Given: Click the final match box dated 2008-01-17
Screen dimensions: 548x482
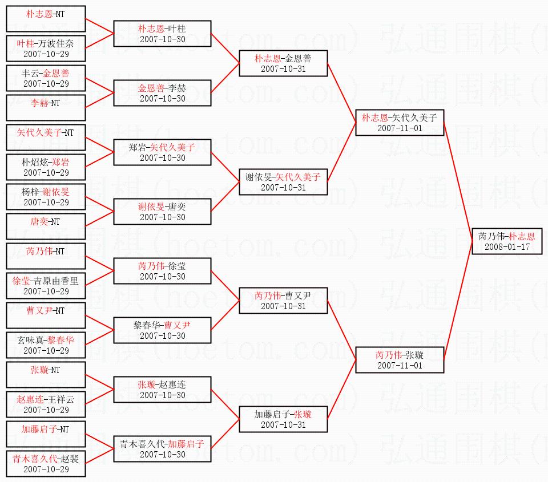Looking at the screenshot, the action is pyautogui.click(x=507, y=241).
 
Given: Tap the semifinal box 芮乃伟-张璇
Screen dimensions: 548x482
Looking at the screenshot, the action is pyautogui.click(x=399, y=360).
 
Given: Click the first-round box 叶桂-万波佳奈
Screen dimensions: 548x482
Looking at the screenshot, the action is pyautogui.click(x=46, y=48).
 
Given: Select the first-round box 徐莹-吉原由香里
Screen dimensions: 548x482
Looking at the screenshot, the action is pyautogui.click(x=46, y=286).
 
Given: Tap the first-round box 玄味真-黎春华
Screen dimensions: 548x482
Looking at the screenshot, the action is pyautogui.click(x=46, y=345).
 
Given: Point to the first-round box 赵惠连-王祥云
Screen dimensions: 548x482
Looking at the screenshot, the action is pyautogui.click(x=46, y=404).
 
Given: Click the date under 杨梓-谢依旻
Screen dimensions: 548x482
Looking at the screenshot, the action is pyautogui.click(x=46, y=202).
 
